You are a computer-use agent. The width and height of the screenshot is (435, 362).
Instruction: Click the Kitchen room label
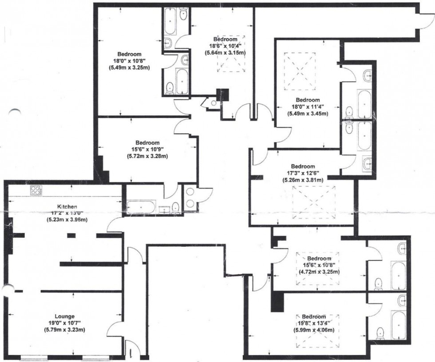point(67,206)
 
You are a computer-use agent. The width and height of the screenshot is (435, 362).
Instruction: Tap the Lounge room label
point(65,316)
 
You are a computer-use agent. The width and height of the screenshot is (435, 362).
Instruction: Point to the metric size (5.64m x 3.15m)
point(225,52)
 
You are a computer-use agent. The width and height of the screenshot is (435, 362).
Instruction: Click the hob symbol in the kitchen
point(36,191)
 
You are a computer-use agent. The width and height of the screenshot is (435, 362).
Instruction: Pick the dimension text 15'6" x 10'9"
point(148,150)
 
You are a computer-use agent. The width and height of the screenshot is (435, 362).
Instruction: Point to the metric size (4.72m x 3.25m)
point(319,271)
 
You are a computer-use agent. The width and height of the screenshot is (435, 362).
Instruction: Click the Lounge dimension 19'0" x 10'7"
point(65,323)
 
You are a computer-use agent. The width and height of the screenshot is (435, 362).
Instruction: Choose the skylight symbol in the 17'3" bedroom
point(314,202)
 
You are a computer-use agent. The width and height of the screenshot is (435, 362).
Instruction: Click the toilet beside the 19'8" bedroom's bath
point(380,333)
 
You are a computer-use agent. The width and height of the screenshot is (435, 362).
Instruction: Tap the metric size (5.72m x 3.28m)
point(148,156)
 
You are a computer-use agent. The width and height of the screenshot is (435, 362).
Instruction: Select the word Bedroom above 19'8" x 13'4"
point(314,317)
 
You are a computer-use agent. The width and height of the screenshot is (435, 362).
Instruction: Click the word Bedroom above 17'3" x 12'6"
point(303,167)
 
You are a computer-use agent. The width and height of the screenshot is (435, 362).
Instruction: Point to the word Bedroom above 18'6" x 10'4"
point(225,39)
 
